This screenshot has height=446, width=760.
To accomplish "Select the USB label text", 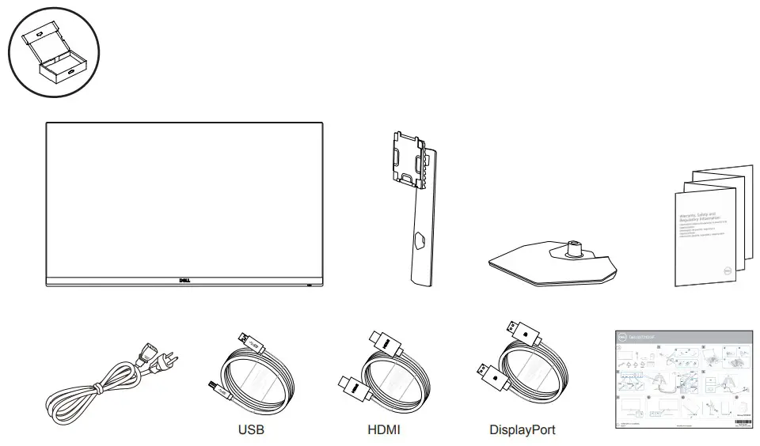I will tap(251, 431).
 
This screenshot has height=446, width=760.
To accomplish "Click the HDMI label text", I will tap(383, 431).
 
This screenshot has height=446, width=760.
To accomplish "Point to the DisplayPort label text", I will tap(522, 431).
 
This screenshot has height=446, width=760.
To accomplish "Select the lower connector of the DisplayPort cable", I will tap(483, 371).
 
